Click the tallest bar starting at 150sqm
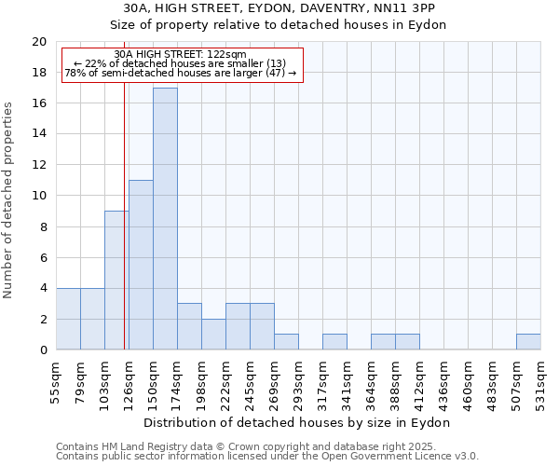pos(165,219)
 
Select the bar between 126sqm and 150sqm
pos(141,265)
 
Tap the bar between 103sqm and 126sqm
pos(116,280)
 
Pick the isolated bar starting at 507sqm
pos(528,342)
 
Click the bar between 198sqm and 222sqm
pos(213,335)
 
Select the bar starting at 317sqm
pos(334,342)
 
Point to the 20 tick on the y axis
pos(39,42)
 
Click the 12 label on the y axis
pos(39,165)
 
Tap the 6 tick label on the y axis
pos(43,257)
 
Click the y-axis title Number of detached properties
pos(8,199)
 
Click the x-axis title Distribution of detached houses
pos(298,422)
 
